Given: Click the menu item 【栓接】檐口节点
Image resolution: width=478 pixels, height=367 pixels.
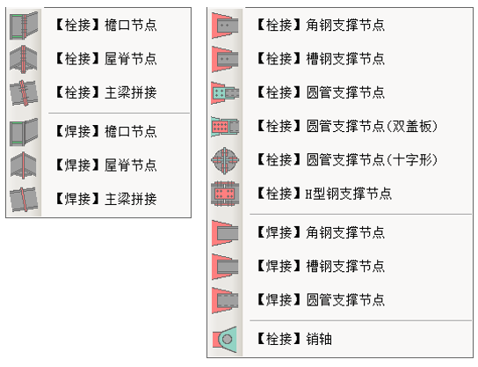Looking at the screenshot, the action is pyautogui.click(x=106, y=25).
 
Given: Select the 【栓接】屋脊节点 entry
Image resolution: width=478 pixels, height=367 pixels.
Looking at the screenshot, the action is pyautogui.click(x=106, y=59).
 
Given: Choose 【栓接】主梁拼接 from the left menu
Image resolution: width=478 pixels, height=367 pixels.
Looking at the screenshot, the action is pyautogui.click(x=106, y=92).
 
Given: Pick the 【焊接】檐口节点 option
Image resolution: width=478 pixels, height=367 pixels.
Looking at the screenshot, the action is pyautogui.click(x=106, y=132).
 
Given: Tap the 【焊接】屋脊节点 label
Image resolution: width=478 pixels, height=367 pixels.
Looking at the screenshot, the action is pyautogui.click(x=106, y=165).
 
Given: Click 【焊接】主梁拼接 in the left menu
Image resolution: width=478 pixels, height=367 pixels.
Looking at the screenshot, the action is pyautogui.click(x=106, y=199).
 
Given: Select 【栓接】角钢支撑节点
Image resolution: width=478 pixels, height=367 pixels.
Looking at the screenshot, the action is pyautogui.click(x=321, y=25).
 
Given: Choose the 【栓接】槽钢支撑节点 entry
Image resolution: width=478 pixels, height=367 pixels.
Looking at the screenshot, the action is pyautogui.click(x=321, y=59).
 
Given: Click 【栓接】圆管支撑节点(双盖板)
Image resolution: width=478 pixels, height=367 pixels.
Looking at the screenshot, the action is pyautogui.click(x=347, y=126).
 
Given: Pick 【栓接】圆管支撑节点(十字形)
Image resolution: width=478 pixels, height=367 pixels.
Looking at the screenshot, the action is pyautogui.click(x=347, y=159).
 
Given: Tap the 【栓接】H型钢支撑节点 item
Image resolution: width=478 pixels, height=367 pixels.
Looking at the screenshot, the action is pyautogui.click(x=324, y=194).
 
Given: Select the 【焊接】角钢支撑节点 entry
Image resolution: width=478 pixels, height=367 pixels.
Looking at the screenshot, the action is pyautogui.click(x=321, y=232).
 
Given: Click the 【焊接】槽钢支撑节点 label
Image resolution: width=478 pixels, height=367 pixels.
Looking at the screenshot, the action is pyautogui.click(x=321, y=267).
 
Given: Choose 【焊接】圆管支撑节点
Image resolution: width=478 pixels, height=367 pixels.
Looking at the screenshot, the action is pyautogui.click(x=321, y=300).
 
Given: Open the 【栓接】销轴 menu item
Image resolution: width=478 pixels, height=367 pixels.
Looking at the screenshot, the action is pyautogui.click(x=294, y=339).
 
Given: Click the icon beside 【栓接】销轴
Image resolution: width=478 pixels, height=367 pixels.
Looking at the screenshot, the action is pyautogui.click(x=225, y=339).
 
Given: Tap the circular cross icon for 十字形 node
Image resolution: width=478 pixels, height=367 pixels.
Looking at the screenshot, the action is pyautogui.click(x=225, y=159).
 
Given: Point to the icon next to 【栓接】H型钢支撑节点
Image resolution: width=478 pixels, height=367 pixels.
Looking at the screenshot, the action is pyautogui.click(x=225, y=194).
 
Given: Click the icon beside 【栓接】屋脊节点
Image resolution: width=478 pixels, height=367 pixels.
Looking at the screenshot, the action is pyautogui.click(x=24, y=59).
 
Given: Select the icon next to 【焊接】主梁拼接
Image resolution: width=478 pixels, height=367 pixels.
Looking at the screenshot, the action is pyautogui.click(x=24, y=199).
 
